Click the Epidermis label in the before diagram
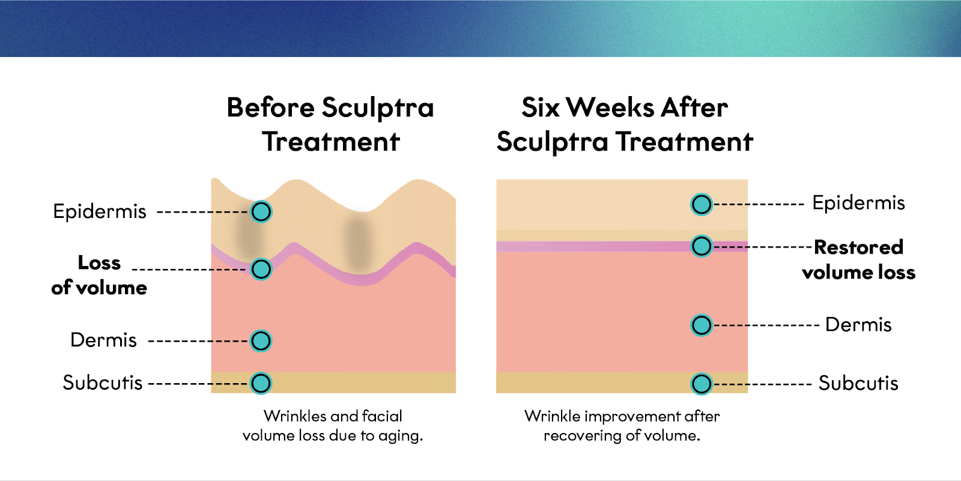[100, 211]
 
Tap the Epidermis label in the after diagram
[858, 203]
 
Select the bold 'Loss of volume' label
[99, 275]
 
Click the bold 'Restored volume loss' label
[858, 259]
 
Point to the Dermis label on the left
[103, 340]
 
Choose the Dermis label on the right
[858, 325]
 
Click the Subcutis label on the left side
[103, 383]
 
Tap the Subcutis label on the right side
[858, 383]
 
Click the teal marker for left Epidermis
[261, 211]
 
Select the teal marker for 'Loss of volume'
[261, 269]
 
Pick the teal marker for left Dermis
[261, 340]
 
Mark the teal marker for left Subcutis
[261, 383]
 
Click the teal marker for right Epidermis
[701, 204]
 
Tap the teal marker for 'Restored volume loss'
[701, 246]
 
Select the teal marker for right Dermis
[701, 325]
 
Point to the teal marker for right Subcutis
[701, 384]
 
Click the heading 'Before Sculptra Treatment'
[330, 124]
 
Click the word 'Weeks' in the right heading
[610, 108]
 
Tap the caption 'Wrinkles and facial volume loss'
[333, 425]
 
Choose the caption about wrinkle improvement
[622, 425]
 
